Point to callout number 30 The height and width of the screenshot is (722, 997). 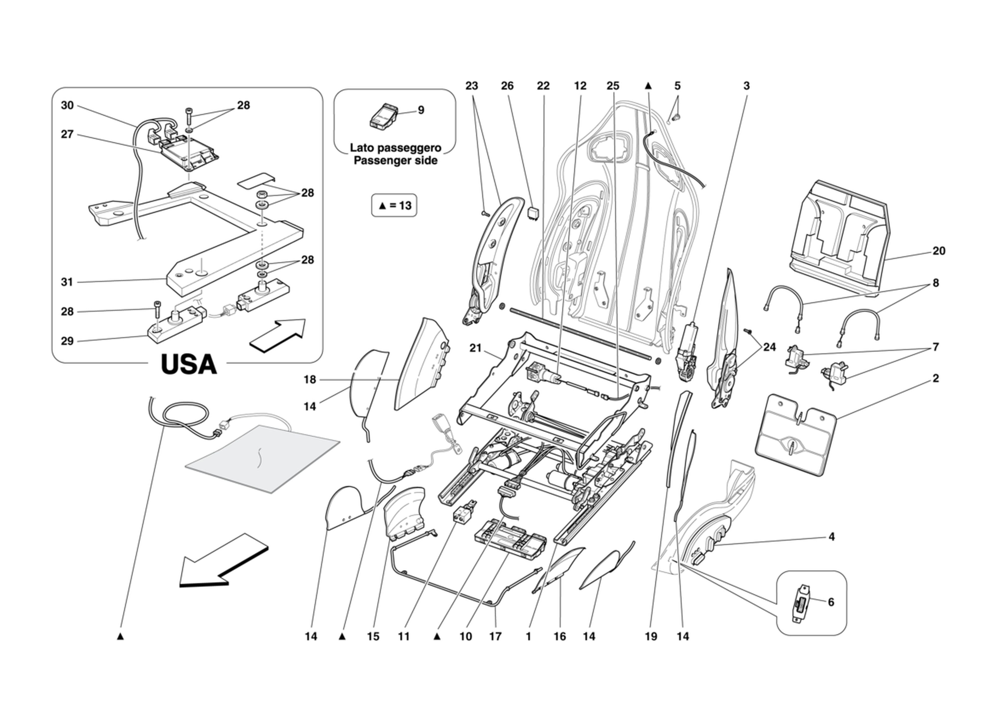[67, 105]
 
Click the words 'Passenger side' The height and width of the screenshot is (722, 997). [396, 161]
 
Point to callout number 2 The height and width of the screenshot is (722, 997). [935, 378]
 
